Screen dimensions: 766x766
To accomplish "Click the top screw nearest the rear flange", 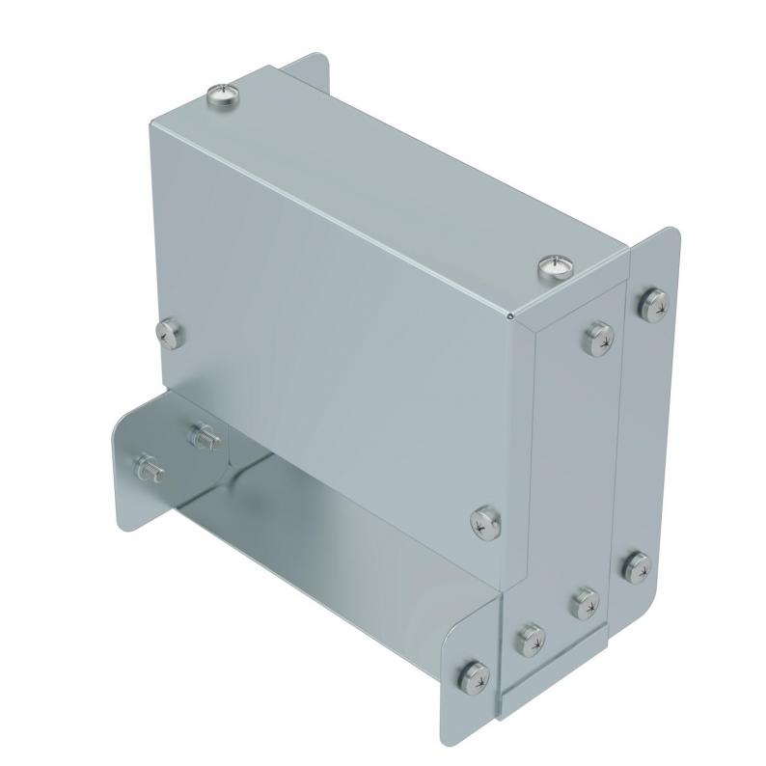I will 222,95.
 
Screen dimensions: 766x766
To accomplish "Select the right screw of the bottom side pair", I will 583,604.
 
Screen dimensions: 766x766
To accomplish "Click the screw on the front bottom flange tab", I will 472,670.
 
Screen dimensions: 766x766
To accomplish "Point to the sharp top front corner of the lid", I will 509,315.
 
